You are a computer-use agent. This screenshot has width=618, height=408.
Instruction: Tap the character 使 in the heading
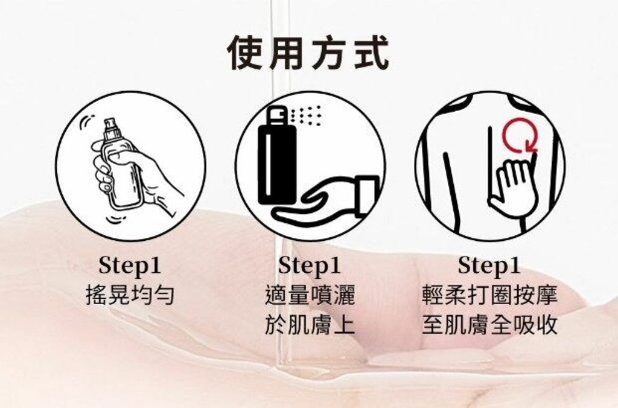pos(247,53)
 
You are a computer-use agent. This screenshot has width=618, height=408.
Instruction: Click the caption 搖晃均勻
pos(130,295)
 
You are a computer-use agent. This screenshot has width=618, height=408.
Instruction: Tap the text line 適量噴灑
pos(310,295)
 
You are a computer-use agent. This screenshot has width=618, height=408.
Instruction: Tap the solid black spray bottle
pos(276,158)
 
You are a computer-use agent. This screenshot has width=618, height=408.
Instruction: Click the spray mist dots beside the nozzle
pos(306,115)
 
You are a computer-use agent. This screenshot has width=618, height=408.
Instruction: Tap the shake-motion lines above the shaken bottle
pos(87,121)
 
